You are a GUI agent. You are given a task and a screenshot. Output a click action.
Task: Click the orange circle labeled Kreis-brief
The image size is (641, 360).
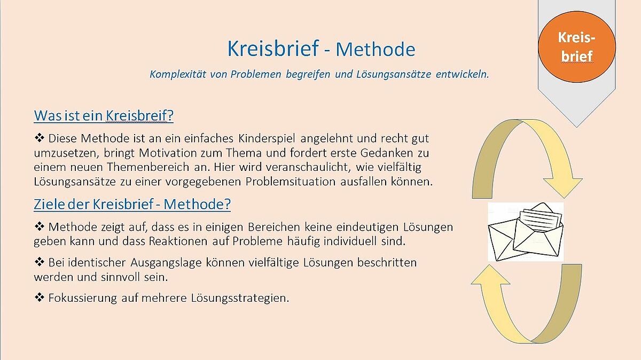(x=576, y=47)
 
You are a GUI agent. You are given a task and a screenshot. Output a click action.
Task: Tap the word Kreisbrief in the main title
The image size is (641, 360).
(x=273, y=49)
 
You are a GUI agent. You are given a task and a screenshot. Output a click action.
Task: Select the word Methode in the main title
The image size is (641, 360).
(x=376, y=49)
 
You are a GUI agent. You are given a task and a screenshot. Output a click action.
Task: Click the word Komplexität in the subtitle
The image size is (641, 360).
(x=178, y=74)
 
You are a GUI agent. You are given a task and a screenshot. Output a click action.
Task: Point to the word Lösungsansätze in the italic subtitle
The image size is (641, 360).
(x=394, y=74)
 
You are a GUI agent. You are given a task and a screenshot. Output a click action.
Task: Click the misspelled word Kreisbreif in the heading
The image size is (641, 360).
(x=139, y=115)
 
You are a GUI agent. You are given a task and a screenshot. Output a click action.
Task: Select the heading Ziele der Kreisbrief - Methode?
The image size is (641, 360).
(x=132, y=204)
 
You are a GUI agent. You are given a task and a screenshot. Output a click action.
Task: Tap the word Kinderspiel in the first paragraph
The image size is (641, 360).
(x=267, y=138)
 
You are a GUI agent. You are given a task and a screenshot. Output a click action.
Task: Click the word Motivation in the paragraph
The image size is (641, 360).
(x=167, y=153)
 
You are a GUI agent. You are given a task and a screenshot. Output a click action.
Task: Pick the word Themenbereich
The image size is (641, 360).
(x=148, y=167)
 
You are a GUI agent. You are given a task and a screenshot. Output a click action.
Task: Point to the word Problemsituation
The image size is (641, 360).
(x=290, y=182)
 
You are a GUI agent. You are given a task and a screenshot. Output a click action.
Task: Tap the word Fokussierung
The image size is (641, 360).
(x=83, y=298)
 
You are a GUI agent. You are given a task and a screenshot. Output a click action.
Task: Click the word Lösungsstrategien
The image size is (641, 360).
(x=240, y=298)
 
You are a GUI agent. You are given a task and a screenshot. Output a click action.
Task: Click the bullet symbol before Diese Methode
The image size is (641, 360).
(x=39, y=138)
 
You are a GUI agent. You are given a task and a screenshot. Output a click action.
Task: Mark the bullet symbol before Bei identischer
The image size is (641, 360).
(x=39, y=262)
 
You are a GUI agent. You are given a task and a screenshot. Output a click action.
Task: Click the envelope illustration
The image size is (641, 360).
(x=526, y=231)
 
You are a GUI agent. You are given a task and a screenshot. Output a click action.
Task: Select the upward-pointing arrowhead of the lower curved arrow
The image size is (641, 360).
(x=490, y=275)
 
